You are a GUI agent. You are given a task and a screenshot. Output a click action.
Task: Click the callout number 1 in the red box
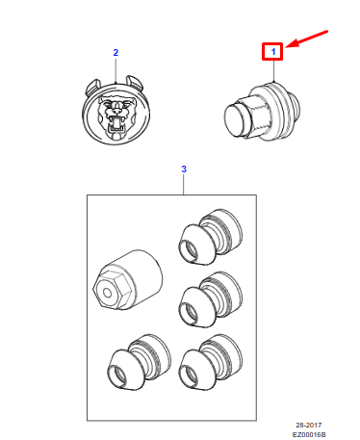tap(273, 51)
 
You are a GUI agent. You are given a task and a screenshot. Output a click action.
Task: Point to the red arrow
tap(305, 40)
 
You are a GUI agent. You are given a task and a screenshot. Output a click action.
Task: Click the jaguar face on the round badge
tap(116, 114)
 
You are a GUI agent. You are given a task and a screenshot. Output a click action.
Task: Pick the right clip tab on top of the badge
tap(138, 83)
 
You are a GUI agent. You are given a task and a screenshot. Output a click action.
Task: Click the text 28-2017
tap(314, 424)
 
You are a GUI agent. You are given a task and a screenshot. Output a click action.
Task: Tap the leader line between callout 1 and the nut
tap(273, 70)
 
